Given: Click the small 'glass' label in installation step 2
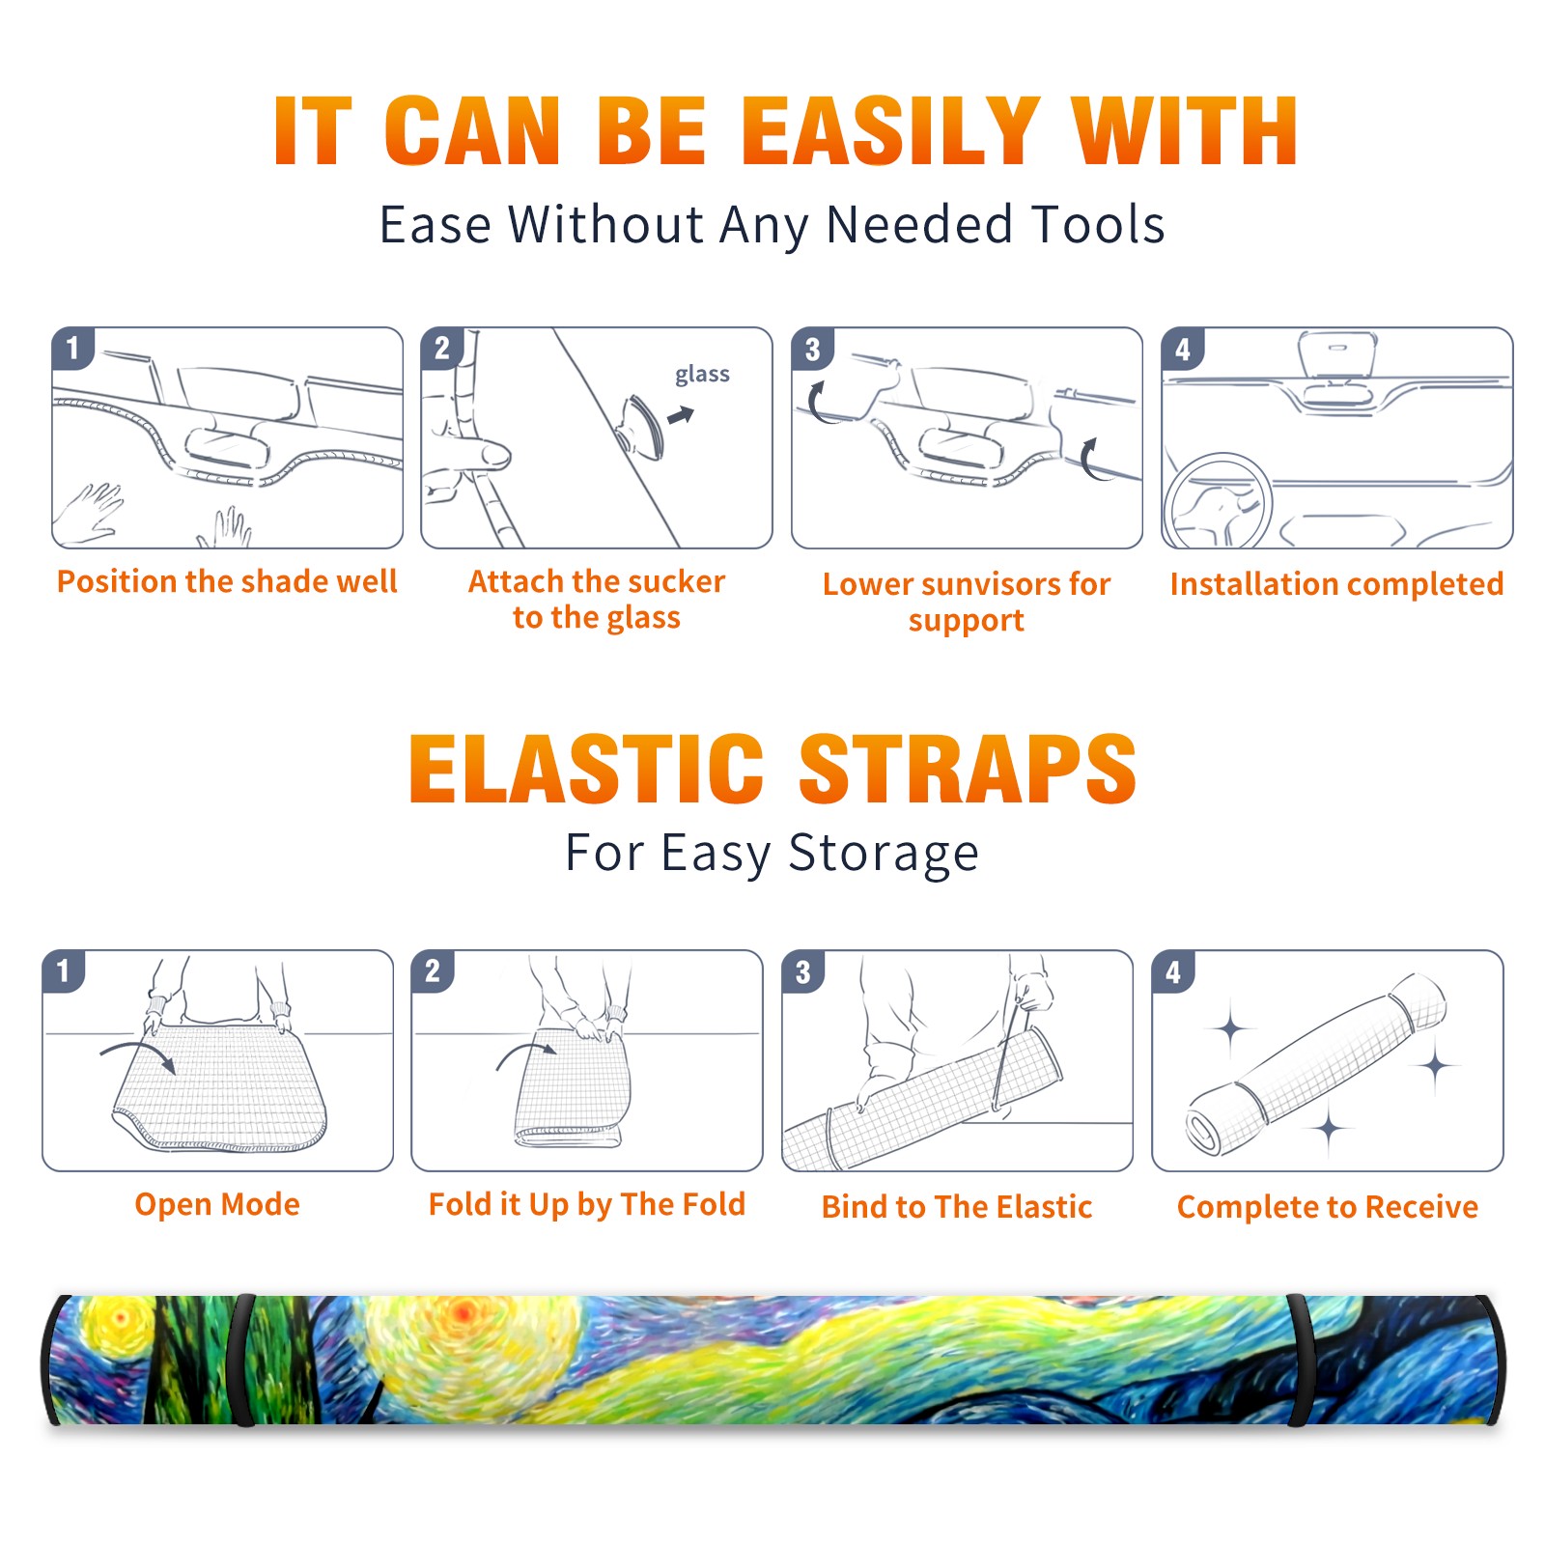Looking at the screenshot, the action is tap(702, 375).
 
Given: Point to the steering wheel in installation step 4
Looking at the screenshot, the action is tap(1218, 499).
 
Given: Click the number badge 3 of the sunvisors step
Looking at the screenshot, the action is tap(812, 349).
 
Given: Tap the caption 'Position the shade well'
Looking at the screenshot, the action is tap(227, 581).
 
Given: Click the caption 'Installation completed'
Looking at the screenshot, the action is tap(1336, 584).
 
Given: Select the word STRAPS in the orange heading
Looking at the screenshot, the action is tap(968, 769).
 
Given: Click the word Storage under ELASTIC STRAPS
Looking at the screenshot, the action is tap(884, 854).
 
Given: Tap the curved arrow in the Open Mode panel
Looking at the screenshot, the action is tap(138, 1053).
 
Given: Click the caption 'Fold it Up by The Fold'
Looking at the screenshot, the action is tap(587, 1205).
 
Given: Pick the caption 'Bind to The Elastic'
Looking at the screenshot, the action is tap(957, 1207).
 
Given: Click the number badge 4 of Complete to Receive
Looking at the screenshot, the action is tap(1173, 971).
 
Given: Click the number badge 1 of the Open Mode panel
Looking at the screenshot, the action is tap(64, 971).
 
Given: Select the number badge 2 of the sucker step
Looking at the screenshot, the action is tap(442, 349).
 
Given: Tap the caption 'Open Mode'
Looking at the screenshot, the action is tap(217, 1205).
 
